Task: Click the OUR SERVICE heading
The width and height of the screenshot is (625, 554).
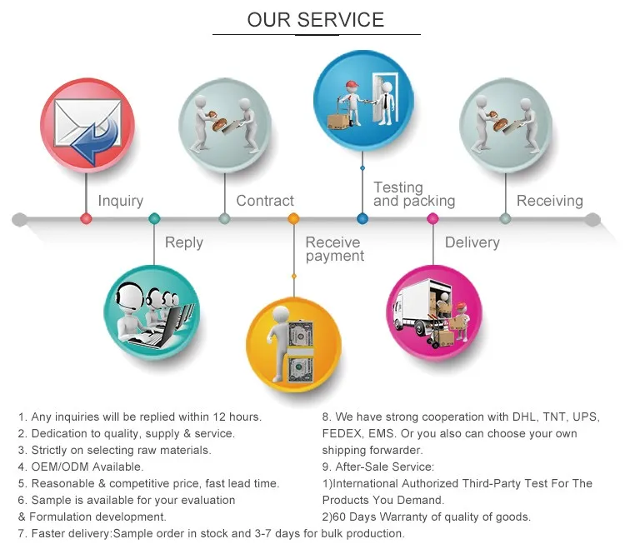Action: pos(316,20)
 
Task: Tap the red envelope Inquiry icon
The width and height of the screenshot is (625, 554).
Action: pos(87,124)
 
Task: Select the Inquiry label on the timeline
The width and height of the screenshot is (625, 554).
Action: pos(121,201)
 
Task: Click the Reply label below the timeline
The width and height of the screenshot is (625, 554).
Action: pos(183,242)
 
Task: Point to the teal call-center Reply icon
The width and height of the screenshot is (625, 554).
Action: pos(152,312)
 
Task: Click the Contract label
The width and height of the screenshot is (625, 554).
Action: pos(265,201)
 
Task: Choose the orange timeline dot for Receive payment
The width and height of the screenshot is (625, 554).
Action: pos(293,219)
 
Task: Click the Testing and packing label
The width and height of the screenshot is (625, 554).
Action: pos(414,194)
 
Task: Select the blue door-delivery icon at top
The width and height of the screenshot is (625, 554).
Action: pos(362,97)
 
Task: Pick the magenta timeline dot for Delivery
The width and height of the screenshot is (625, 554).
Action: pos(432,219)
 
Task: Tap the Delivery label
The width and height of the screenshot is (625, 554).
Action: pos(472,242)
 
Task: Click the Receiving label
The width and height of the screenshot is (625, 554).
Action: pos(549,201)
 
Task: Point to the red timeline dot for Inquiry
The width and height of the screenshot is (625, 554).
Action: pos(86,219)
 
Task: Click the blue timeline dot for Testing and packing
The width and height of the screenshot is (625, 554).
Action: pos(362,219)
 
